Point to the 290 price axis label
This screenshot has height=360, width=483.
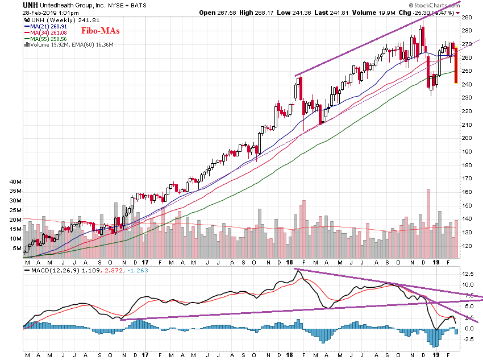pyautogui.click(x=467, y=17)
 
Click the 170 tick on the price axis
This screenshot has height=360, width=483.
pyautogui.click(x=467, y=179)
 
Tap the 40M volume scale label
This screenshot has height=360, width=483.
pyautogui.click(x=16, y=181)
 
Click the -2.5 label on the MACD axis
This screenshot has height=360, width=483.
pyautogui.click(x=468, y=340)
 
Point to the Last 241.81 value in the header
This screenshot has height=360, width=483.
pyautogui.click(x=380, y=13)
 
